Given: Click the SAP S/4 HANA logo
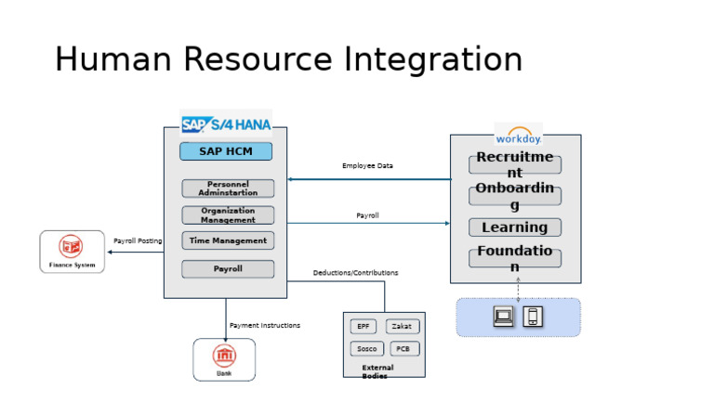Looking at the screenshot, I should (225, 123).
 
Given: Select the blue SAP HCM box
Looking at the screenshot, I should (227, 151).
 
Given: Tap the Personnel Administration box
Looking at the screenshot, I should (228, 188).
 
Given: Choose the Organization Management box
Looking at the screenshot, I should (228, 215).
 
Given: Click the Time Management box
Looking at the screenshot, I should (228, 241).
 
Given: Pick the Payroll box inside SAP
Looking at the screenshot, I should (228, 269).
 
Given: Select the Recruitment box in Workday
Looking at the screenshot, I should (515, 165).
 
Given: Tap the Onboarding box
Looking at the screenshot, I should (515, 196).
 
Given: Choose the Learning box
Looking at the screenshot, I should (515, 227).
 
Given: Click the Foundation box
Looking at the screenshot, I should (515, 258).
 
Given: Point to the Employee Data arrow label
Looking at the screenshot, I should (367, 166).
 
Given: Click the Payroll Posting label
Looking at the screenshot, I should (138, 241).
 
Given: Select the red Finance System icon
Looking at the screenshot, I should (72, 247).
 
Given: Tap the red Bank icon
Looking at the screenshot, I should (224, 356).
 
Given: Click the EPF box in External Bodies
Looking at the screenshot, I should (364, 327).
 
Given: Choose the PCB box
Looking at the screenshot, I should (403, 349).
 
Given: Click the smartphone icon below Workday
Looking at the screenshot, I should (533, 317).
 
